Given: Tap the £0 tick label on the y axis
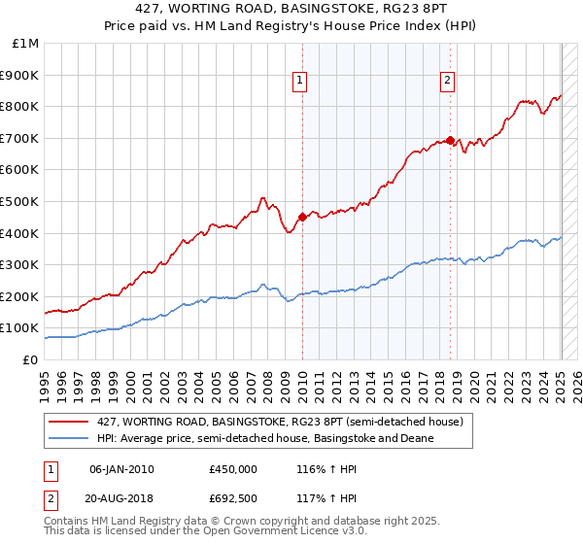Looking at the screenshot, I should click(x=31, y=359).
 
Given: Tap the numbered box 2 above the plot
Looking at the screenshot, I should click(x=447, y=82).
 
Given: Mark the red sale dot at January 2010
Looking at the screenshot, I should click(x=302, y=217).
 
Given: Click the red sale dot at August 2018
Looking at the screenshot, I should click(x=450, y=140).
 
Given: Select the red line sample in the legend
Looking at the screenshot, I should click(x=69, y=422).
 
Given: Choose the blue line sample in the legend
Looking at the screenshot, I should click(x=69, y=438).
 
